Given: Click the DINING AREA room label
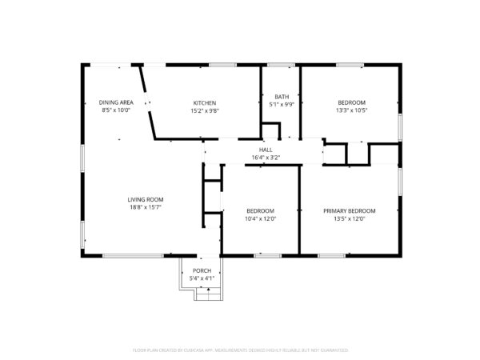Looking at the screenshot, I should [x=115, y=102].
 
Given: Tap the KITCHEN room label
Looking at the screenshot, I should [x=204, y=102].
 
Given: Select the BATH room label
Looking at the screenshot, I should [x=282, y=96].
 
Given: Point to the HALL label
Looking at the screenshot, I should [x=266, y=150].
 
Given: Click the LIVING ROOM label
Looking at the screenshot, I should [x=146, y=199].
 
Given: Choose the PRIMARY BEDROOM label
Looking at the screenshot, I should [x=349, y=210].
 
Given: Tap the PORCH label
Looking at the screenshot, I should [x=202, y=270].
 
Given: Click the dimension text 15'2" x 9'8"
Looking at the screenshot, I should [x=204, y=110].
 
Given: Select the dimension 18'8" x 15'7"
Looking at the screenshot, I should [x=146, y=207].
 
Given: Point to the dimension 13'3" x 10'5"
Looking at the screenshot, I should [x=351, y=110].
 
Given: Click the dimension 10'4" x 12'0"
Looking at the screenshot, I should [x=260, y=218].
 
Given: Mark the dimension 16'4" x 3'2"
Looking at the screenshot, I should [x=266, y=158].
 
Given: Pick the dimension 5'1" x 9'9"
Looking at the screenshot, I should [x=282, y=104].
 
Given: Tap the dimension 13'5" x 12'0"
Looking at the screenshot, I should [x=349, y=218].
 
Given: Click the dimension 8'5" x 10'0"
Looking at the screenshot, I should [x=115, y=110].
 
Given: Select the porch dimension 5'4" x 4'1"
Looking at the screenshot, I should [x=202, y=278].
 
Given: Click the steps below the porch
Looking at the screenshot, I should [x=207, y=296].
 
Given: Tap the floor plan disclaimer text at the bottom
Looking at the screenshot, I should [x=240, y=350].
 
